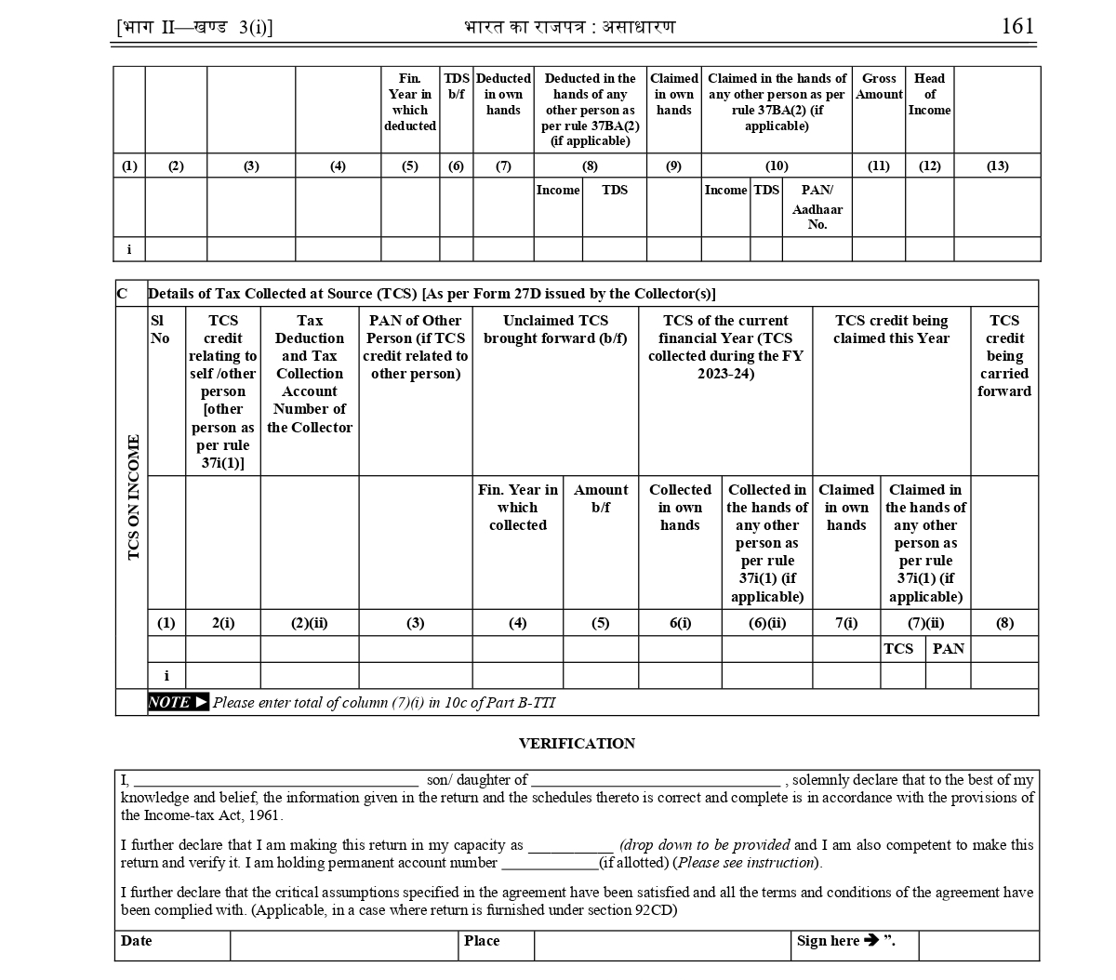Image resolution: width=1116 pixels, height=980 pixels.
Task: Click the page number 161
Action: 1017,26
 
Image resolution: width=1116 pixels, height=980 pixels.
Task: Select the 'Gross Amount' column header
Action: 879,86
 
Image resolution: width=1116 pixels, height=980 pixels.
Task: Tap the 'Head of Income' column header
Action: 929,94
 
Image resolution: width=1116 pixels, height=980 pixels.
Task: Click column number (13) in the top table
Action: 997,166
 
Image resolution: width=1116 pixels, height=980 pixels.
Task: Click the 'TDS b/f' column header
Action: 456,86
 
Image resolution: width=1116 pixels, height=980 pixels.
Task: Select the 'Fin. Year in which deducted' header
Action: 410,102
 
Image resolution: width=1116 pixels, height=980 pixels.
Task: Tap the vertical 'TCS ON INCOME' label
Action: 133,497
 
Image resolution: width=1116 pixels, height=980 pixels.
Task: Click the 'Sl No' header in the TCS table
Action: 160,329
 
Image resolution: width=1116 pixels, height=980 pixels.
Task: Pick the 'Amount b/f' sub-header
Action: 601,498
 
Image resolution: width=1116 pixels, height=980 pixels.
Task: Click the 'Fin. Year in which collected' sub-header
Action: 518,507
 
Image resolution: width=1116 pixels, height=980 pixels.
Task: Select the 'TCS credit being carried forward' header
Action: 1004,355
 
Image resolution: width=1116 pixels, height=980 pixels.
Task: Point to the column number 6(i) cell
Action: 680,623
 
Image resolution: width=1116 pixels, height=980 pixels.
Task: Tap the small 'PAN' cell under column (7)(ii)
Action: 948,649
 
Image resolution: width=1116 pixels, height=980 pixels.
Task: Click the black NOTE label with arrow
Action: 178,702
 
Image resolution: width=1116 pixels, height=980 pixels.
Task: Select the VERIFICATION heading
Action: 577,744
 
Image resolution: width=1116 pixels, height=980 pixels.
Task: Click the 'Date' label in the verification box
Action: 137,941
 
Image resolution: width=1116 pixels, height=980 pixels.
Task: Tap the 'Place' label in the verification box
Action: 482,941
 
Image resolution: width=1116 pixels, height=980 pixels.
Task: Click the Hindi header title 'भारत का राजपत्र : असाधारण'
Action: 569,27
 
